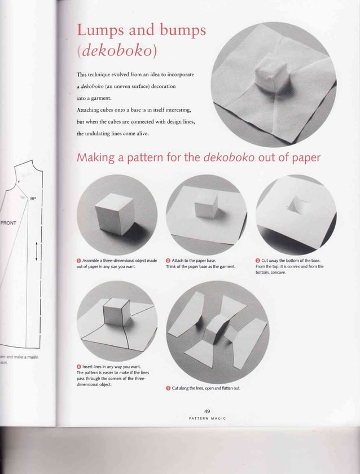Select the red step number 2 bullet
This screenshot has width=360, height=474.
(168, 261)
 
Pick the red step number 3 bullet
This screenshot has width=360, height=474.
(257, 261)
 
